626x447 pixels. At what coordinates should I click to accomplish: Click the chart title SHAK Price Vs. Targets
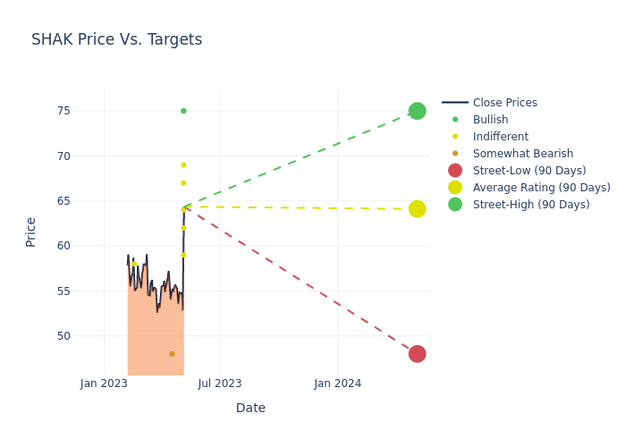tap(116, 39)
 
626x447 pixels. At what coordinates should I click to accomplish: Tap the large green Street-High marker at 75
tap(417, 111)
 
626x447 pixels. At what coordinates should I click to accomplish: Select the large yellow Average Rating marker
tap(417, 209)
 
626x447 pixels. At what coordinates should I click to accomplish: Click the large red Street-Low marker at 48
tap(417, 354)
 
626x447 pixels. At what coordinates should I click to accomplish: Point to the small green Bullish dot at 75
tap(183, 111)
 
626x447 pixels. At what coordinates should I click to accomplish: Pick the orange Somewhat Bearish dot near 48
tap(172, 354)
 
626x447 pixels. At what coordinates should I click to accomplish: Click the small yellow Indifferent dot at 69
tap(183, 164)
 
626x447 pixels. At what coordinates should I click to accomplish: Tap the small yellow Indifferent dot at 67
tap(183, 183)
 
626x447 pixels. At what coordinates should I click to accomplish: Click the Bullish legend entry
tap(490, 120)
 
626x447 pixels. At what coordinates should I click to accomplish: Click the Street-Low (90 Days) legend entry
tap(529, 171)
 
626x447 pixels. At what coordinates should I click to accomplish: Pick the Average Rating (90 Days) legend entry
tap(541, 188)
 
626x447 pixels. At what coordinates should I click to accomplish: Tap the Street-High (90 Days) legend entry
tap(531, 205)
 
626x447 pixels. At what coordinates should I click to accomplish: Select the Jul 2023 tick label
tap(220, 384)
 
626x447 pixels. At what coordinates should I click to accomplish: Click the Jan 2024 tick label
tap(338, 384)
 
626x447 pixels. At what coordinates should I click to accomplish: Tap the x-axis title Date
tap(250, 408)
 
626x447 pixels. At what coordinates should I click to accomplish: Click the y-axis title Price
tap(31, 232)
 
